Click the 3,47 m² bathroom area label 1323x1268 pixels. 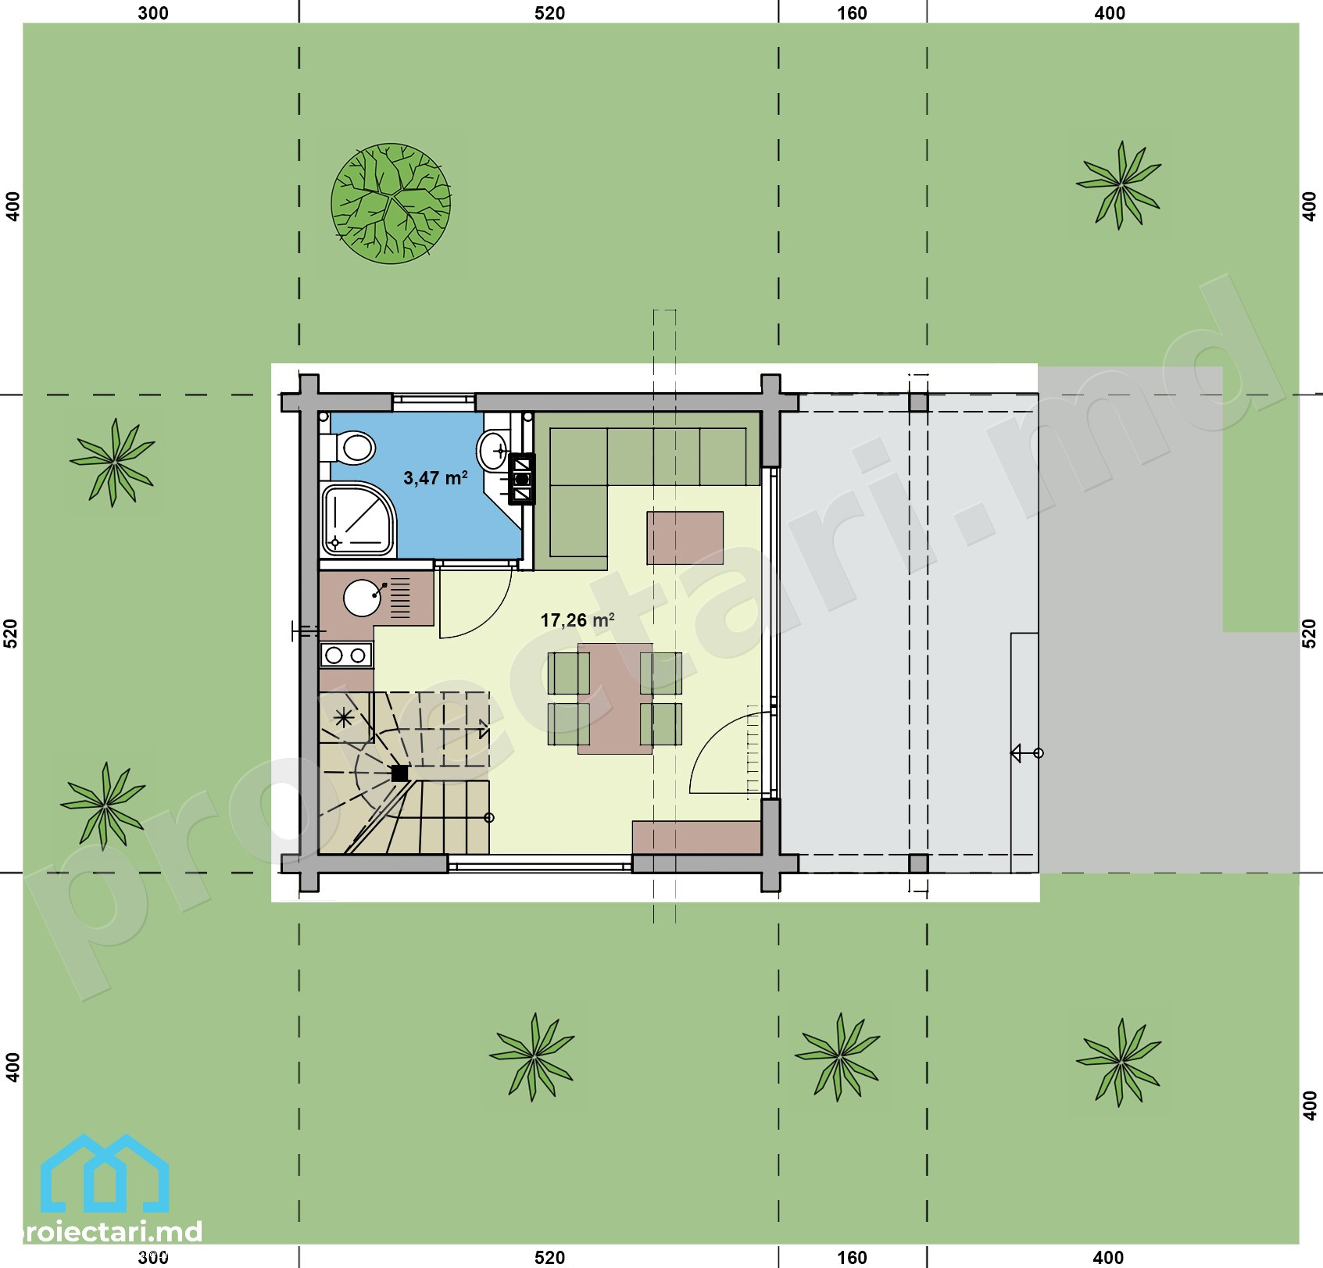[435, 477]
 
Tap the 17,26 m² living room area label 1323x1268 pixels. [577, 620]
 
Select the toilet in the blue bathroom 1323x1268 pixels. [349, 448]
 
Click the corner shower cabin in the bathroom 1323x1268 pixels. [358, 519]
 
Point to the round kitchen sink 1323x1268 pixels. [363, 598]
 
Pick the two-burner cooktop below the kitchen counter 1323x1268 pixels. [346, 655]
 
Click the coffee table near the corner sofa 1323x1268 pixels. [685, 538]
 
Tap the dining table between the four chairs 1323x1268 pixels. [615, 698]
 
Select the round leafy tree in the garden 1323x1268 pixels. [391, 202]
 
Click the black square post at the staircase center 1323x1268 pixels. [399, 773]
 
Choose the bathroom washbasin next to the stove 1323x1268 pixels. [493, 451]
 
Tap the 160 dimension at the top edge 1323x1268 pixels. [852, 13]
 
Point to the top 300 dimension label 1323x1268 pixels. [153, 13]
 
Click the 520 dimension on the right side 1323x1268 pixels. [1310, 634]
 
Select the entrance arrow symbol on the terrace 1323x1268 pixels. [1027, 753]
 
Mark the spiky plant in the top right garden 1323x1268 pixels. [1119, 185]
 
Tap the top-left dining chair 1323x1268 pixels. [569, 673]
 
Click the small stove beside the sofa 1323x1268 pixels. [521, 479]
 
